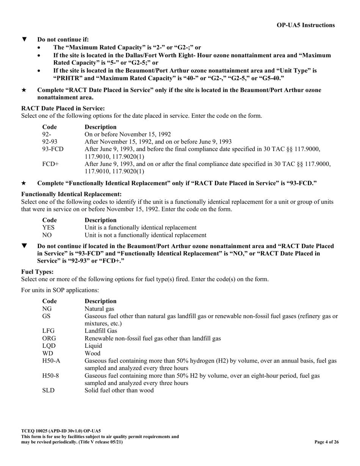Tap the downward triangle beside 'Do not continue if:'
coord(25,39)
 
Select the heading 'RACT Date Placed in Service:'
coord(63,108)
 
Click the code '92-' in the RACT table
coord(47,134)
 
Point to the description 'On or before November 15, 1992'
coord(127,134)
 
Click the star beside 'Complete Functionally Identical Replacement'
coord(24,183)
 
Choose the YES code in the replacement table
coord(48,227)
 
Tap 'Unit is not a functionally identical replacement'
coord(145,235)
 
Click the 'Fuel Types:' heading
coord(37,272)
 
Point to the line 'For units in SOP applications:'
coord(60,290)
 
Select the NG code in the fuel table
coord(47,309)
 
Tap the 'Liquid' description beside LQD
coord(93,346)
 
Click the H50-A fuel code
coord(51,361)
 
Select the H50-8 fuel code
coord(50,375)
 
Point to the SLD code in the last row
coord(48,390)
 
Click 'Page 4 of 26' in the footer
coord(327,442)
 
